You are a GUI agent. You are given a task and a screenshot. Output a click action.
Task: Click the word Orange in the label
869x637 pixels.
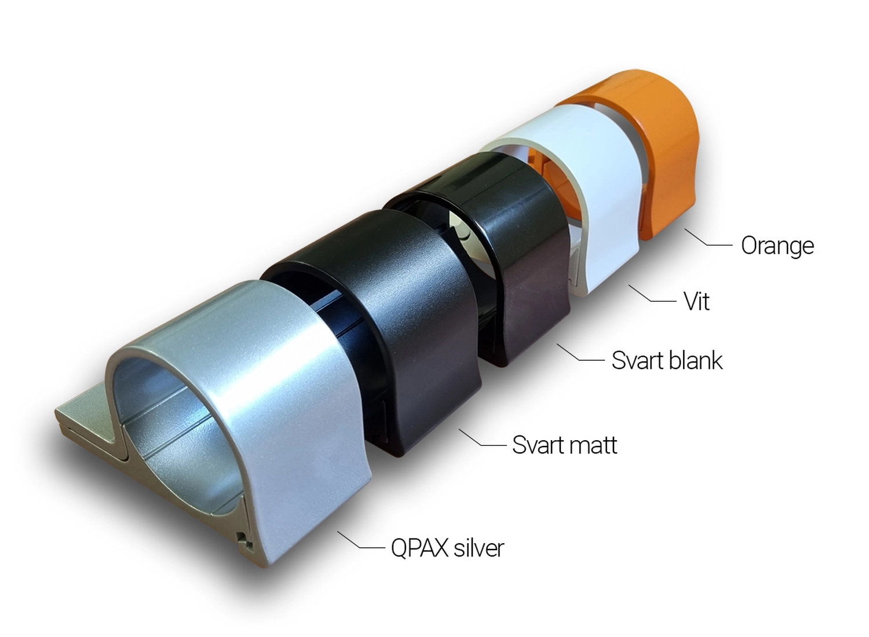point(777,246)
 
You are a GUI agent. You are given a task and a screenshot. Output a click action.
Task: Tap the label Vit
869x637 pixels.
point(697,301)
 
